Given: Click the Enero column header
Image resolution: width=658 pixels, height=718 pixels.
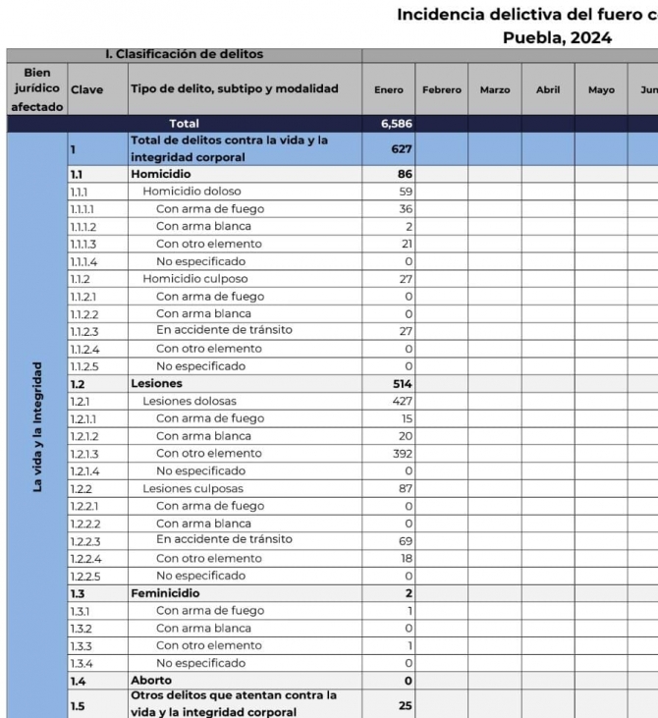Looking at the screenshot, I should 388,90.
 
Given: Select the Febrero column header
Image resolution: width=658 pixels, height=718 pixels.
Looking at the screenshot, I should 441,90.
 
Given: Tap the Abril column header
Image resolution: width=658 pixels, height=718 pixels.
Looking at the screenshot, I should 548,90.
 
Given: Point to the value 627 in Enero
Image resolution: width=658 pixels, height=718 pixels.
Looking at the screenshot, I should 402,149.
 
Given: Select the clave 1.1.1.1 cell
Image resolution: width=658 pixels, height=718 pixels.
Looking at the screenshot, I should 84,209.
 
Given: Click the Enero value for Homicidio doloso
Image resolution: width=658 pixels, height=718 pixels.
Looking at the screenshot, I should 405,192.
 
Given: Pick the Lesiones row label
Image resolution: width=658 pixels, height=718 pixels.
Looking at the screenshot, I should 156,384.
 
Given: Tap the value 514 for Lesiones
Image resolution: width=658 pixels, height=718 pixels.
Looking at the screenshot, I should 402,384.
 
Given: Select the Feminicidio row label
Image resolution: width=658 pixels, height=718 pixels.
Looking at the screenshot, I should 165,593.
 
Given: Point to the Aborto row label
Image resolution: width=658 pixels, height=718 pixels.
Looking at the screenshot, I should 151,681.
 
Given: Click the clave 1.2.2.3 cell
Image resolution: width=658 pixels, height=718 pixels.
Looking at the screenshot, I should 86,541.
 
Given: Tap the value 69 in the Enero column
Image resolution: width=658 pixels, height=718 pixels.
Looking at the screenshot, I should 405,541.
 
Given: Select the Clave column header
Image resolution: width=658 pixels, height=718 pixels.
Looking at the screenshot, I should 86,90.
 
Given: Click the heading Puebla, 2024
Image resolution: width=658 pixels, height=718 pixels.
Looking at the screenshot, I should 557,38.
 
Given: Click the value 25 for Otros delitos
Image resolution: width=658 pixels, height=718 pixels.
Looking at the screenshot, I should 405,705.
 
